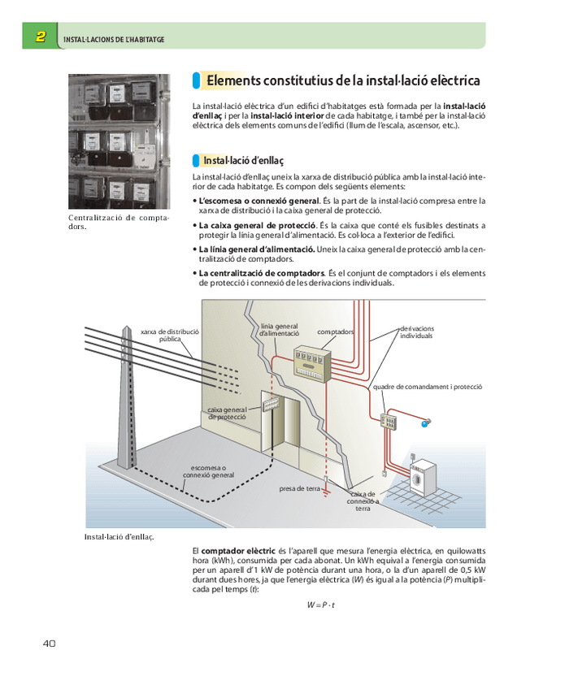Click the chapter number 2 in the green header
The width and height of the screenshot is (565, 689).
click(x=40, y=37)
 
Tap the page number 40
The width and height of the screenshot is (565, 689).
click(x=48, y=643)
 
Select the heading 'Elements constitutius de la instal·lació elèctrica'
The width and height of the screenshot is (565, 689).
click(x=342, y=81)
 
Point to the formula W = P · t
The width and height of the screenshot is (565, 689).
click(x=321, y=605)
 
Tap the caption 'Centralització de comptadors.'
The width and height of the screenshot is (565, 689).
click(x=118, y=222)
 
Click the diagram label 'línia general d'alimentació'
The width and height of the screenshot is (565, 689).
click(x=279, y=330)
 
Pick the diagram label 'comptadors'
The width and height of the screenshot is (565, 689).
click(x=336, y=332)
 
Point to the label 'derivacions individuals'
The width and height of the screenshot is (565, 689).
click(x=417, y=331)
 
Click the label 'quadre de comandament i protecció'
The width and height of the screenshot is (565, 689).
click(x=428, y=387)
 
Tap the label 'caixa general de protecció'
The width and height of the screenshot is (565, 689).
click(x=227, y=413)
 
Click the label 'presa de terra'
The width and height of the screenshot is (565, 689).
click(x=300, y=489)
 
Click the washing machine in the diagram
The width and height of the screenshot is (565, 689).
click(x=424, y=479)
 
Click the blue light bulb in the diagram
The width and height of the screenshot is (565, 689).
click(x=424, y=423)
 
